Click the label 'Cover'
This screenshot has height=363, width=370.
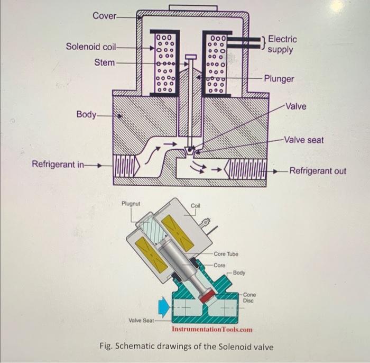[104, 16]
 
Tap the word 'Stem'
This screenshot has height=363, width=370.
[104, 62]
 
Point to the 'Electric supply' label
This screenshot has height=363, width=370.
[282, 44]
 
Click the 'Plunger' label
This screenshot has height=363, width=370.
[279, 79]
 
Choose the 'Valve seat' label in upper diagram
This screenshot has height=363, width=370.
[303, 140]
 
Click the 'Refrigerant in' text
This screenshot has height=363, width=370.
[58, 164]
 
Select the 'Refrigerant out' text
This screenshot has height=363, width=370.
[318, 171]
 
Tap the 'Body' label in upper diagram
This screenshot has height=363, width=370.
[87, 114]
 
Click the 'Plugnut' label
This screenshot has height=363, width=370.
[131, 203]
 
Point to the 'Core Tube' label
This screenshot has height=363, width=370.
[226, 254]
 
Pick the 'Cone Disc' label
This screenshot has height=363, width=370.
[249, 297]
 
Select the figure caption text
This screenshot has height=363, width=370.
[187, 347]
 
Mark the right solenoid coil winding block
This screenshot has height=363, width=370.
[217, 62]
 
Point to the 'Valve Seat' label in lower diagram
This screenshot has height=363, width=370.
[141, 320]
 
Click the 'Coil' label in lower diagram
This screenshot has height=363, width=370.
[196, 205]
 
